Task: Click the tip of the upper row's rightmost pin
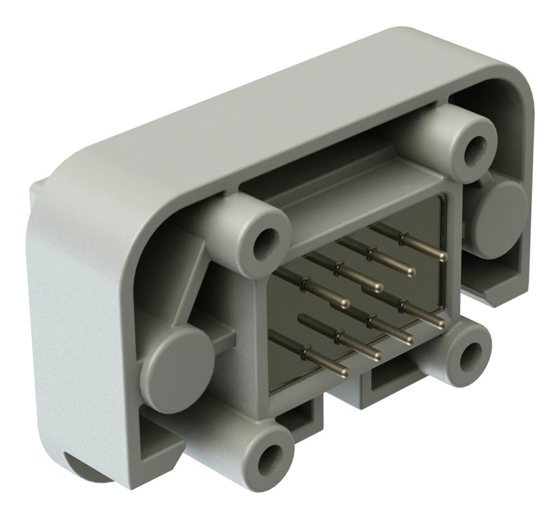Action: [443, 256]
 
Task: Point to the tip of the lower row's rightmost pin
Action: [441, 324]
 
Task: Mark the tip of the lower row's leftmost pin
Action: [345, 371]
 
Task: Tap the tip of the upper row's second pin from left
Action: [379, 287]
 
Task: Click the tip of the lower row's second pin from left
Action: [378, 355]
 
